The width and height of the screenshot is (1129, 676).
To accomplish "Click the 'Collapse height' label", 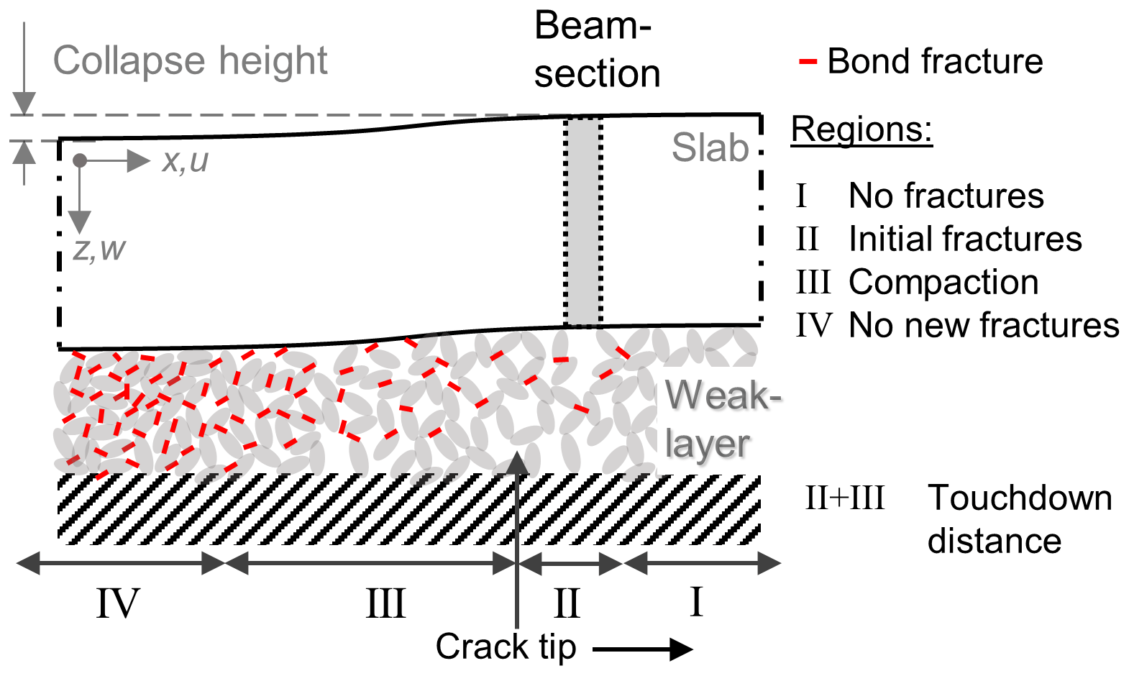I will [190, 60].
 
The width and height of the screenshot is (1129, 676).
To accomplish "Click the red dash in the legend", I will [808, 62].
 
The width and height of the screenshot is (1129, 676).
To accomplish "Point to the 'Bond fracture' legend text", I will [935, 61].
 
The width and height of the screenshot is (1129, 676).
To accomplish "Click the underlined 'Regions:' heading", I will [861, 130].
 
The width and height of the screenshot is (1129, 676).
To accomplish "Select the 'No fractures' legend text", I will [946, 196].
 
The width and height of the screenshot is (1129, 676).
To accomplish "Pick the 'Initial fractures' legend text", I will [965, 239].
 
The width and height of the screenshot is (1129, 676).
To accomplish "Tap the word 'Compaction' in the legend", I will [943, 282].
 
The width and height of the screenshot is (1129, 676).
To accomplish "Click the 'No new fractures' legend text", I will [984, 325].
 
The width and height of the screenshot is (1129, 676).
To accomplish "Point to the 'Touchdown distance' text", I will [1018, 519].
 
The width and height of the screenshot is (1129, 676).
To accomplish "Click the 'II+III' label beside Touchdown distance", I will [844, 498].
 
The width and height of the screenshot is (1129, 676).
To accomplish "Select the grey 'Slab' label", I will [710, 148].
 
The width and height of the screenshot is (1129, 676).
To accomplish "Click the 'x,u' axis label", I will [185, 160].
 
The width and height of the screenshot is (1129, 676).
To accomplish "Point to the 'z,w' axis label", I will [99, 250].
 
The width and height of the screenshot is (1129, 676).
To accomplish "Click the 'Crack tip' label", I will [506, 646].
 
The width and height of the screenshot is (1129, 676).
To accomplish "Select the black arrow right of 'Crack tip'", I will [642, 649].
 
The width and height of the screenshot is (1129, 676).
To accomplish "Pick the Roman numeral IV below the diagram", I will [118, 603].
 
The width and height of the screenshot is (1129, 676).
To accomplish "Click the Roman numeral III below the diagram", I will [385, 603].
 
